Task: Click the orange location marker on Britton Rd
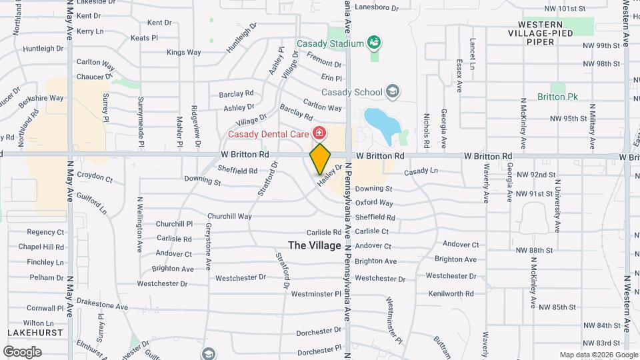coord(320,159)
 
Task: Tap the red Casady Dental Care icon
coord(319,133)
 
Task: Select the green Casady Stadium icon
coord(374,43)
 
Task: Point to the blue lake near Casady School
coord(381,125)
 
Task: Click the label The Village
coord(315,245)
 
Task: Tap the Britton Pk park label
coord(563,97)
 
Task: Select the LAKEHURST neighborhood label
coord(35,331)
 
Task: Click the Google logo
coord(22,351)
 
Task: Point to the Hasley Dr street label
coord(329,175)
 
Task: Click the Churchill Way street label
coord(229,216)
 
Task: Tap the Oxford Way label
coord(374,203)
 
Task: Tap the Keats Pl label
coord(144,38)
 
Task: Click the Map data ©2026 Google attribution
coord(598,355)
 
